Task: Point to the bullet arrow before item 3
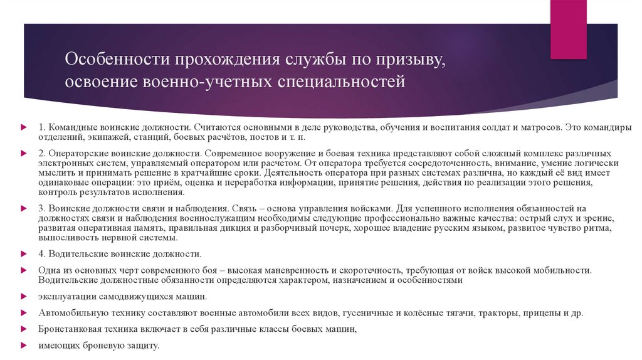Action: pyautogui.click(x=24, y=208)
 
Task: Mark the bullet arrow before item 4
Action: pyautogui.click(x=24, y=254)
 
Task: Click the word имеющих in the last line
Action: pyautogui.click(x=56, y=345)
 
